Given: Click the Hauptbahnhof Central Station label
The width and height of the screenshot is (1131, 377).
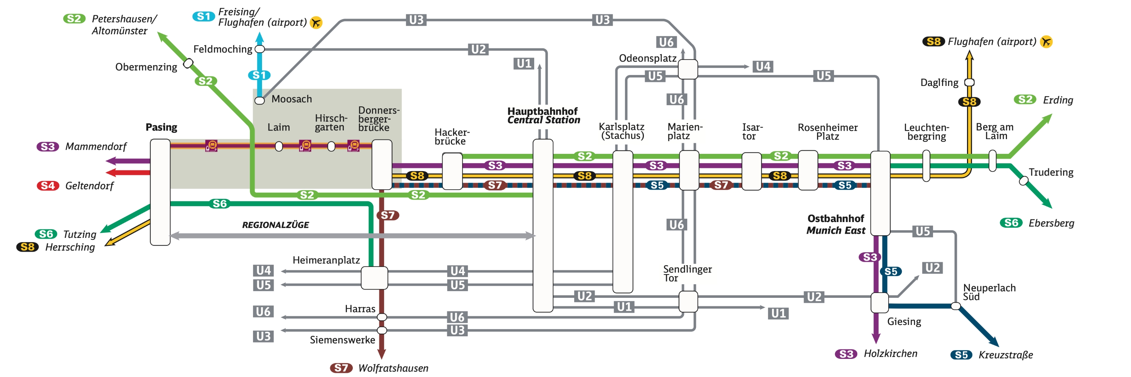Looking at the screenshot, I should [x=543, y=115].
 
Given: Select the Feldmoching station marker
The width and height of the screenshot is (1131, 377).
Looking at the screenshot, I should [x=260, y=49].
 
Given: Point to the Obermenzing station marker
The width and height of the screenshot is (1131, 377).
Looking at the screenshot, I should [x=188, y=63].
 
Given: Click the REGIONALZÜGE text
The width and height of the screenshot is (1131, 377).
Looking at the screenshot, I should [x=275, y=225].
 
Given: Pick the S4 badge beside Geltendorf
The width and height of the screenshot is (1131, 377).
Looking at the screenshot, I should [x=48, y=185].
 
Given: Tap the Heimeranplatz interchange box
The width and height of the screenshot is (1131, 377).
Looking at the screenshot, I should [x=374, y=278].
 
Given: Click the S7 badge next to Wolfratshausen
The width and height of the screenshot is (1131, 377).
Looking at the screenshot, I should [x=341, y=368].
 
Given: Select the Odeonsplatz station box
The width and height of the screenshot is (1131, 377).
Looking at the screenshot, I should [x=688, y=69].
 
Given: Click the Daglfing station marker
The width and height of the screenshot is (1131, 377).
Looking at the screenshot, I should [x=969, y=83].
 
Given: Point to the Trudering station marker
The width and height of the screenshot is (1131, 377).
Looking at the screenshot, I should [x=1024, y=180].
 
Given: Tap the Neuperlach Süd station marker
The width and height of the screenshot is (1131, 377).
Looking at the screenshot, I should [x=955, y=306].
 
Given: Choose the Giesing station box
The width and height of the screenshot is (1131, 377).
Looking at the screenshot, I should [x=880, y=303].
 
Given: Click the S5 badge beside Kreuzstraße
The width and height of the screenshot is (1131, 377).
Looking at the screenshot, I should [x=961, y=355].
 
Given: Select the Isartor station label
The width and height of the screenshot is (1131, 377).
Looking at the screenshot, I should [x=752, y=132].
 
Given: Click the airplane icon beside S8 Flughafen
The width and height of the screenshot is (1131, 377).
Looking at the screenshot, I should [x=1046, y=42].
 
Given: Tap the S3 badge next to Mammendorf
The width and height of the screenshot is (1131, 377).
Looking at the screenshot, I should [x=48, y=147].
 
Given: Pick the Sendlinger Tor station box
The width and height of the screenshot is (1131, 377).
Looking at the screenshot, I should [x=688, y=302].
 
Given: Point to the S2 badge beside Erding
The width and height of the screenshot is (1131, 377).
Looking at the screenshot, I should [x=1025, y=100].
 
